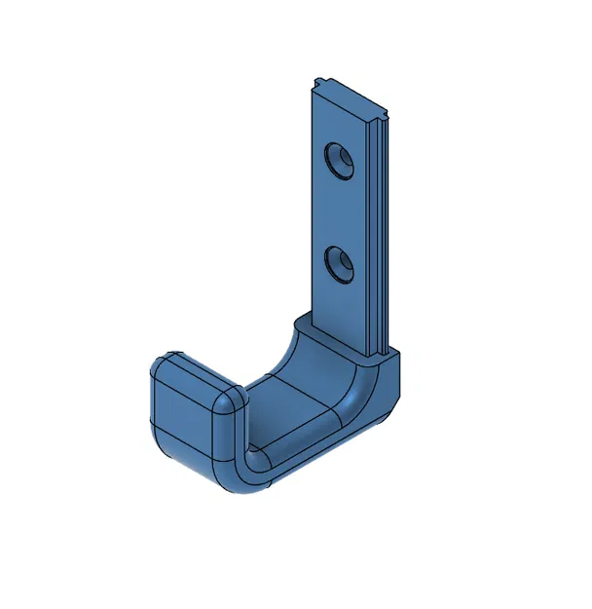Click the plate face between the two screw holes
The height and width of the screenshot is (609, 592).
coord(340,212)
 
